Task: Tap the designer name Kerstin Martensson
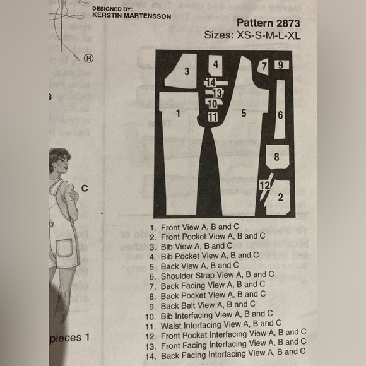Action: (x=130, y=15)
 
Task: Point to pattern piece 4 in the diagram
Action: (x=216, y=64)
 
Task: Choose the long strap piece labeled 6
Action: (x=280, y=115)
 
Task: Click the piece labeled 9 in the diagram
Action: (x=281, y=65)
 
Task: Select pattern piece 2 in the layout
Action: (x=279, y=197)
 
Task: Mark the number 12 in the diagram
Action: (x=264, y=185)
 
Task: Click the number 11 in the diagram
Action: (x=213, y=117)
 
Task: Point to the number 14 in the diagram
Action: (x=211, y=83)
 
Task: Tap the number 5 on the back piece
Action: (x=243, y=114)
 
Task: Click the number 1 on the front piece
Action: (x=179, y=114)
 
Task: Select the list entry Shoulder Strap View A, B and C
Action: (x=218, y=274)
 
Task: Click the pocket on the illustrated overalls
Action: (x=64, y=248)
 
